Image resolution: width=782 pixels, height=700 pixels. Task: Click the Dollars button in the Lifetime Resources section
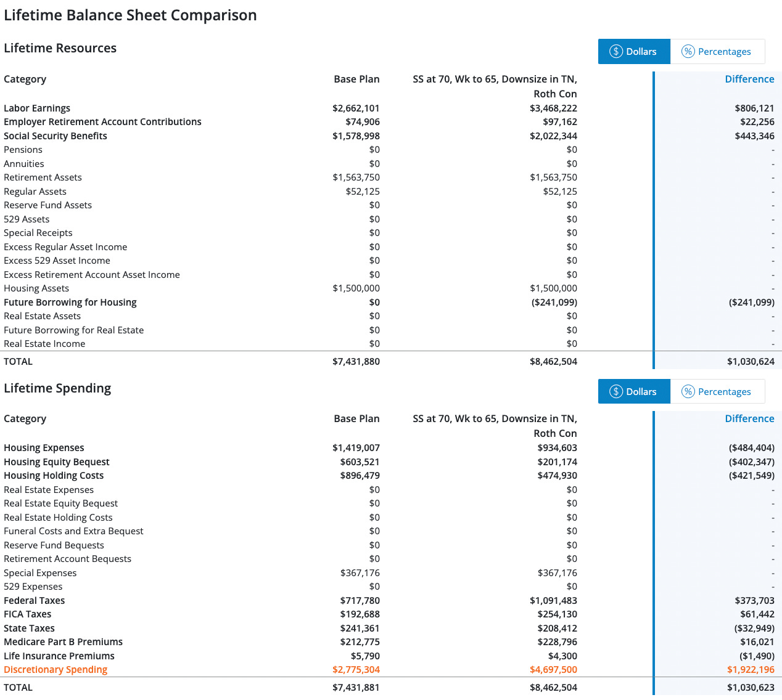(x=633, y=52)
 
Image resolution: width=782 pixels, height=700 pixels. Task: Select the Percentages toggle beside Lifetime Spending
(x=717, y=392)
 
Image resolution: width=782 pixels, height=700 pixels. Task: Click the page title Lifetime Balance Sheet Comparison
(x=130, y=15)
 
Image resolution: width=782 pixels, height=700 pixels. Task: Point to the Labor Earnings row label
(x=37, y=108)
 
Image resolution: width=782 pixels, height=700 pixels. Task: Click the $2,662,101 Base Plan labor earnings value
(x=356, y=108)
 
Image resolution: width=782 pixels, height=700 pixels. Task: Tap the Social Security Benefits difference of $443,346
(x=754, y=136)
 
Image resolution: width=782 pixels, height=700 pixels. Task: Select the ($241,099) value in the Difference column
(x=751, y=303)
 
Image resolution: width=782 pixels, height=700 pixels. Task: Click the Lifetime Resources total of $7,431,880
(x=356, y=362)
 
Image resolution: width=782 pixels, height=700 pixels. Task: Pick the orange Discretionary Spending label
(x=56, y=670)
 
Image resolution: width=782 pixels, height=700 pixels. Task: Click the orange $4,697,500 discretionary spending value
(x=553, y=670)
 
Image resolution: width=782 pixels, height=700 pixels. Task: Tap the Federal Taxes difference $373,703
(x=754, y=601)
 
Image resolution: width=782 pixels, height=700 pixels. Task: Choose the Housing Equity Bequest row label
(x=57, y=462)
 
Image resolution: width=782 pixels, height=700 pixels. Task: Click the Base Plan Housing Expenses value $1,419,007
(x=356, y=448)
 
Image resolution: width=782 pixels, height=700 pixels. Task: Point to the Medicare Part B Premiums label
(x=63, y=642)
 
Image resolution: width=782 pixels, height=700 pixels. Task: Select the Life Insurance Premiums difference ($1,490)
(x=757, y=656)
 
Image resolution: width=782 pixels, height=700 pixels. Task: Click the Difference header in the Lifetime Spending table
(x=749, y=419)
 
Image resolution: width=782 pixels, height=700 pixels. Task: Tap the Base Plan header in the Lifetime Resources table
(x=356, y=79)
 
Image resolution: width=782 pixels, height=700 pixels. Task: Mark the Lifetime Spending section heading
(x=57, y=388)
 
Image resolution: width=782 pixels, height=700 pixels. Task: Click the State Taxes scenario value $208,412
(x=557, y=629)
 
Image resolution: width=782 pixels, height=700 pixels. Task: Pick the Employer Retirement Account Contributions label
(x=102, y=122)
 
